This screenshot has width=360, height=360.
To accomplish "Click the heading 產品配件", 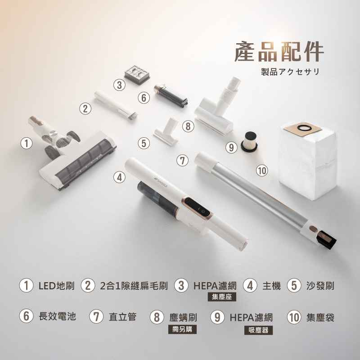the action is (x=279, y=52).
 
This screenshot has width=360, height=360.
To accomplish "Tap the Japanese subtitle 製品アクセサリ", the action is (x=290, y=72).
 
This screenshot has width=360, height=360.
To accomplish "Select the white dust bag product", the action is (x=308, y=160).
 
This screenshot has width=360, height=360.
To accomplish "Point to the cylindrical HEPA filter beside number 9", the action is (x=249, y=142).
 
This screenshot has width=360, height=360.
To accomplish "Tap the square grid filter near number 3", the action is (x=137, y=75).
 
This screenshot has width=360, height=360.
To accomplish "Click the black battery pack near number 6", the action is (x=171, y=96).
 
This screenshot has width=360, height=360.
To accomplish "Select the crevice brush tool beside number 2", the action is (x=116, y=104).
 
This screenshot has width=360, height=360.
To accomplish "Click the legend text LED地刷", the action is (x=57, y=286).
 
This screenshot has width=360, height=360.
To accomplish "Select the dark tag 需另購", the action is (x=182, y=329).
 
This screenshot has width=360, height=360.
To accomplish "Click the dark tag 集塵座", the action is (x=222, y=297).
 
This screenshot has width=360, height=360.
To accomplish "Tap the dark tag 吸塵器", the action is (x=258, y=330).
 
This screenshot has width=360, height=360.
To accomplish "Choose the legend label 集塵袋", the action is (x=320, y=318).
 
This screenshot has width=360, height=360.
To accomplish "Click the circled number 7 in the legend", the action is (x=96, y=317).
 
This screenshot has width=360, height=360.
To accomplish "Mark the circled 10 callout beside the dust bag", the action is (x=262, y=171).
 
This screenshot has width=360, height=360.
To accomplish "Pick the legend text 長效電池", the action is (x=58, y=316).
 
